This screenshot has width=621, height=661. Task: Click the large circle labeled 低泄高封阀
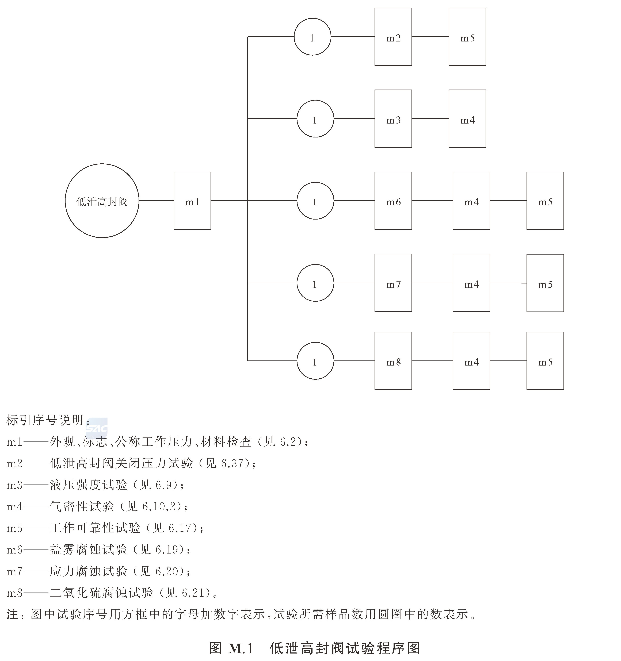[102, 201]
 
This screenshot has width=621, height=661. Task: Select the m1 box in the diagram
[192, 201]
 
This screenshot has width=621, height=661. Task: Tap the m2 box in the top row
[393, 37]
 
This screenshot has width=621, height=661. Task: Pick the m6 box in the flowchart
[393, 201]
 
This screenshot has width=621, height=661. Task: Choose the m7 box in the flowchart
[393, 283]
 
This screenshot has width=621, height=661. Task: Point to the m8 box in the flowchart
[393, 361]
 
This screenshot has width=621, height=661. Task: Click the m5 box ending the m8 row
[545, 361]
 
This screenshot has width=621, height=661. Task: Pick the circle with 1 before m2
[312, 37]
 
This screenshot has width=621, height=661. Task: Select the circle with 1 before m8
[315, 361]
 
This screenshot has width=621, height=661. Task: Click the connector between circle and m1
[156, 201]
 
